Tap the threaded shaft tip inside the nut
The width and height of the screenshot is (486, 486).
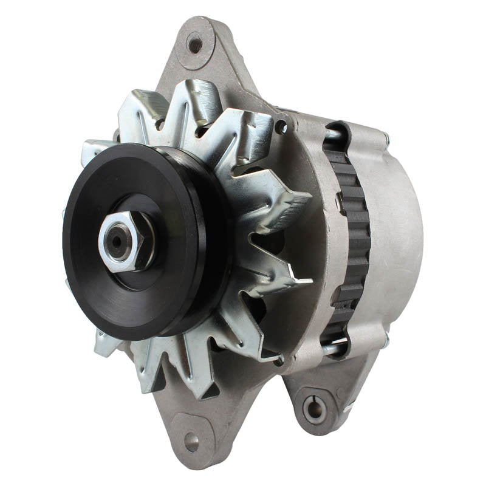(x=115, y=241)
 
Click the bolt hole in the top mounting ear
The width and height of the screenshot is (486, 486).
(x=195, y=44)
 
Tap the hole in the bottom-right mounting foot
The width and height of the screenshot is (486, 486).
(x=315, y=408)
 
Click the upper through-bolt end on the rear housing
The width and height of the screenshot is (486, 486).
(x=385, y=139)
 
